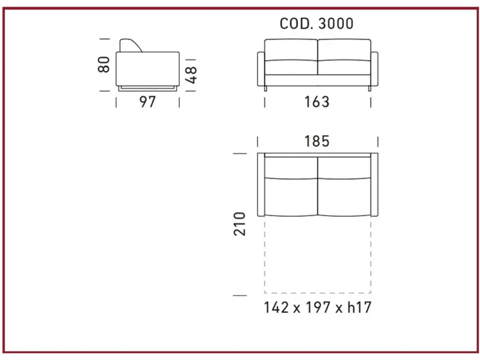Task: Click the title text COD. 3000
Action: (317, 24)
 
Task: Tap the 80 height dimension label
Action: (104, 65)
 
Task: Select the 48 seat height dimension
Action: (191, 75)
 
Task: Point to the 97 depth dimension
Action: (147, 101)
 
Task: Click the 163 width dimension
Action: (317, 102)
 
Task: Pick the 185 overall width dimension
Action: (317, 141)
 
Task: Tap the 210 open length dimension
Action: (240, 224)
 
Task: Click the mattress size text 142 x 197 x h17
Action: (318, 308)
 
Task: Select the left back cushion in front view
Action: (291, 50)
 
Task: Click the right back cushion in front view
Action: (344, 50)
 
